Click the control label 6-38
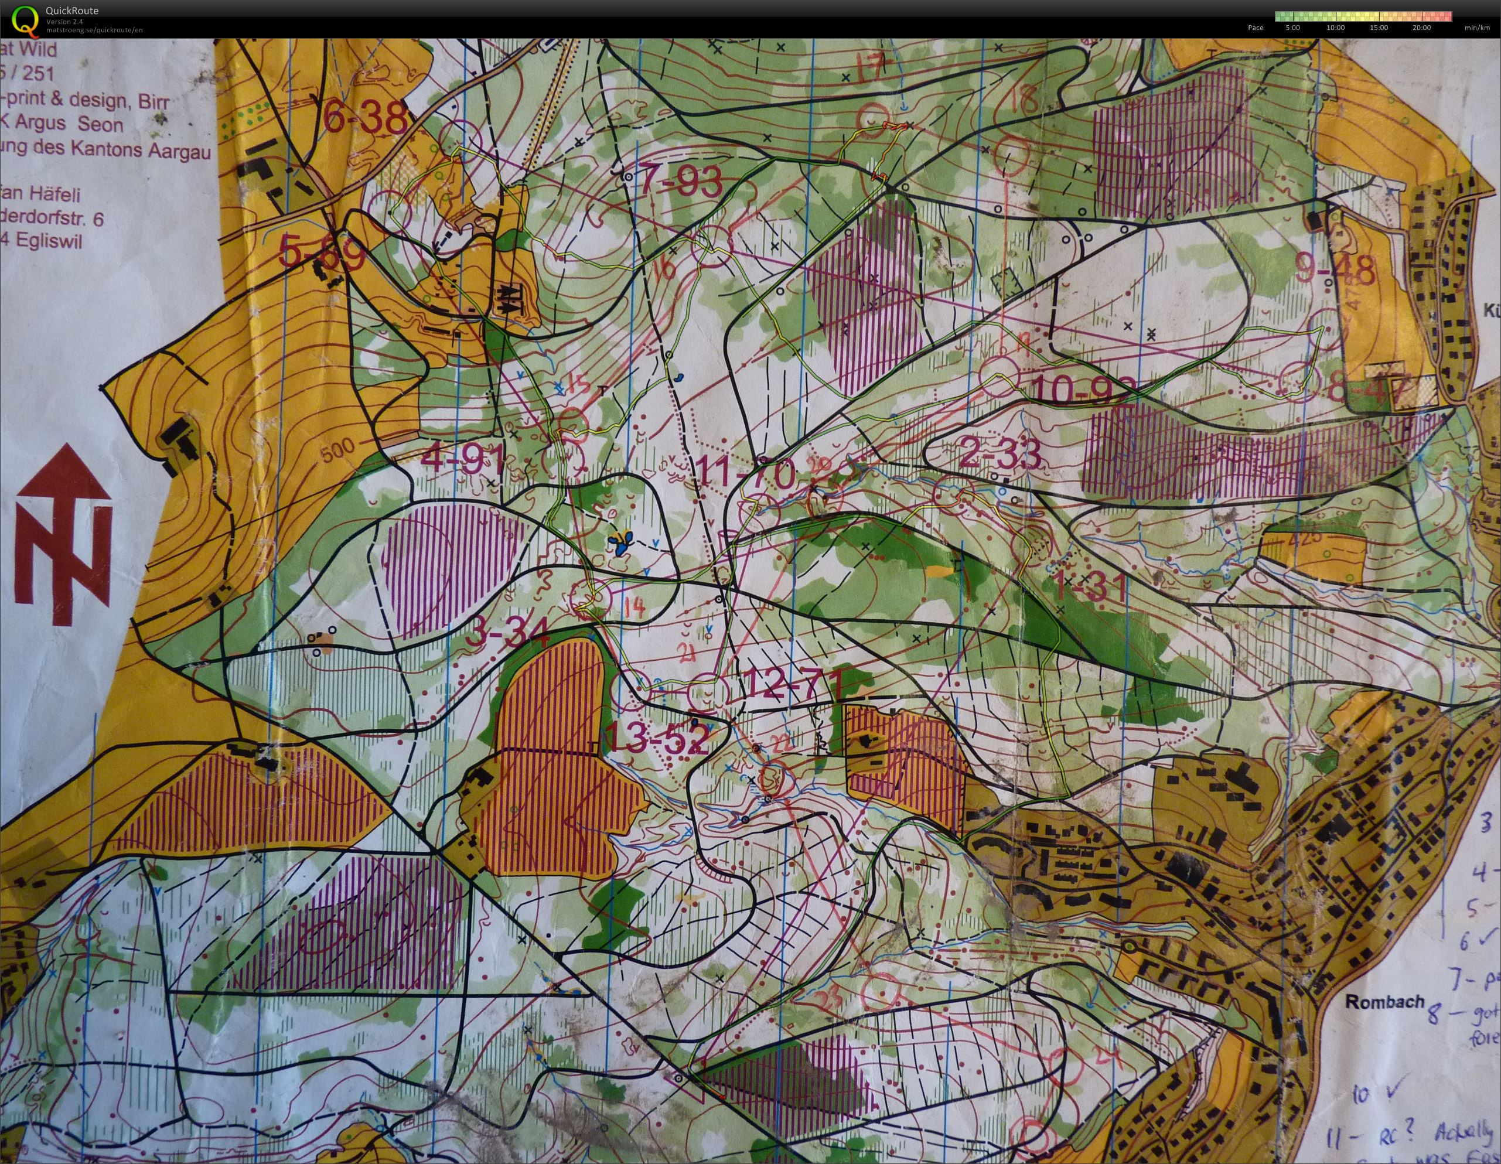tap(364, 118)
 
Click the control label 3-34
tap(507, 632)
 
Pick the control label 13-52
tap(658, 740)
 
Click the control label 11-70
tap(745, 473)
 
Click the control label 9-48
tap(1336, 270)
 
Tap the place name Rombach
tap(1383, 1001)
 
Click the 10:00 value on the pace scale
tap(1335, 28)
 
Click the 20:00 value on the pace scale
tap(1421, 28)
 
